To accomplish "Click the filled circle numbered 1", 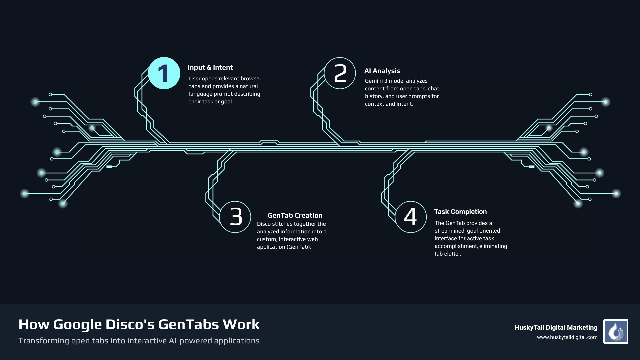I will [164, 73].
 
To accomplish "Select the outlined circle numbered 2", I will [340, 73].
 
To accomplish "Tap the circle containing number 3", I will [235, 217].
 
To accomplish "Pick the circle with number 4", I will [411, 217].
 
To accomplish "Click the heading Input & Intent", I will [210, 68].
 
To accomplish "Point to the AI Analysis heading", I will [382, 71].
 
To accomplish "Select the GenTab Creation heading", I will [295, 216].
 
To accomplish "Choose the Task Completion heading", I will [460, 212].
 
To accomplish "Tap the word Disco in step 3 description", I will [264, 224].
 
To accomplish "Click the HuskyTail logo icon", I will [616, 332].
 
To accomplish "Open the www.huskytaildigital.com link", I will [567, 337].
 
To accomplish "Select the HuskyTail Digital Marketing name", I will [556, 328].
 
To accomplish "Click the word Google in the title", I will [77, 325].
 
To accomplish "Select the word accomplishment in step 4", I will [456, 246].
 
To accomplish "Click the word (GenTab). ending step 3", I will [299, 247].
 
